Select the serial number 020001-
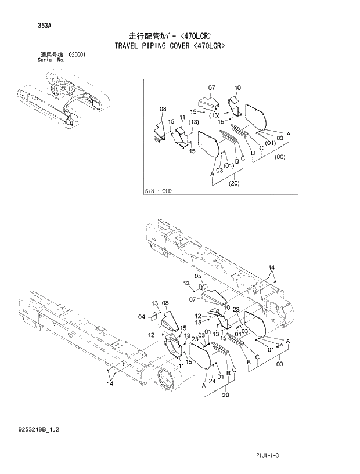[80, 54]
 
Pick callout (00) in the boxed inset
[280, 157]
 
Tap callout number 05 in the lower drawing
[197, 276]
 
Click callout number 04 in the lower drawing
[141, 317]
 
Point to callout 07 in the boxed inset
[211, 88]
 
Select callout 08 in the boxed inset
[163, 109]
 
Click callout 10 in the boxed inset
[237, 88]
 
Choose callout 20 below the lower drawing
[225, 396]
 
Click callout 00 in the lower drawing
[279, 364]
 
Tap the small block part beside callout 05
[203, 286]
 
